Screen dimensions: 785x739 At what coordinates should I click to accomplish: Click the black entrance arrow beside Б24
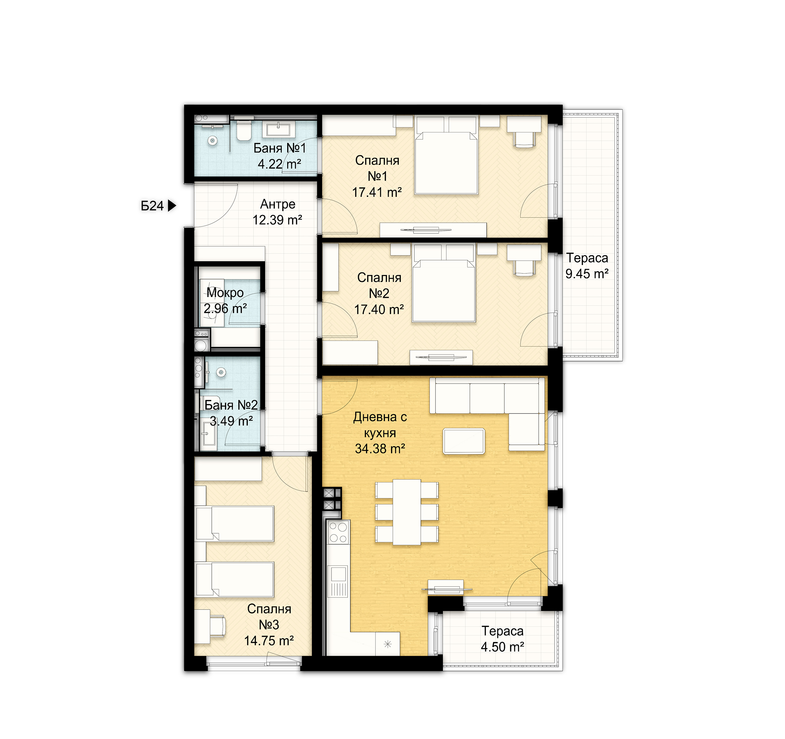point(172,206)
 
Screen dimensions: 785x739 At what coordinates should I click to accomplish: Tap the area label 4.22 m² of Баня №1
point(280,164)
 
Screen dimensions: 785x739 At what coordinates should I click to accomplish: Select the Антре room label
point(278,204)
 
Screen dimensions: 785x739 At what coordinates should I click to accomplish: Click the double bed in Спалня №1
point(446,163)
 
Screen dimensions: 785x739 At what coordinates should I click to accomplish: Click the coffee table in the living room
point(464,441)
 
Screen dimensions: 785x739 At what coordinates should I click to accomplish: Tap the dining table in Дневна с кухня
point(407,512)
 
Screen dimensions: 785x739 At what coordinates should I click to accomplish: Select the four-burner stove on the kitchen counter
point(338,532)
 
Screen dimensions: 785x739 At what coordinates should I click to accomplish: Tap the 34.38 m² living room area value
point(380,449)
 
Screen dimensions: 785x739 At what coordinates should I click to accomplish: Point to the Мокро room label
point(225,293)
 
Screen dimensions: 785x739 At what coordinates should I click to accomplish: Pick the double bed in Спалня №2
point(443,291)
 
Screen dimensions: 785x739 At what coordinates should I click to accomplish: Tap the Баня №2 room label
point(231,405)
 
